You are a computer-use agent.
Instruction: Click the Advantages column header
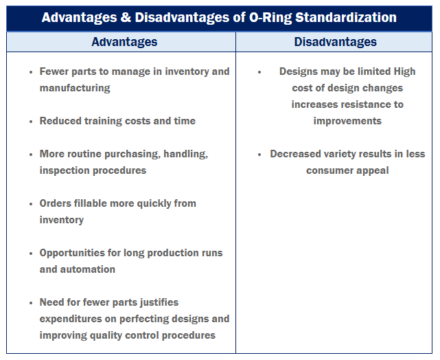point(124,42)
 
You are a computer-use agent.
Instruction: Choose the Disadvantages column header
point(335,42)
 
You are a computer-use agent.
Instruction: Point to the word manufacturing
point(75,88)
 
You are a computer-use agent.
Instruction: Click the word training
point(104,121)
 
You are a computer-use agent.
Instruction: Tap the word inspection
point(67,170)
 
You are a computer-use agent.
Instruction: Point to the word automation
point(87,269)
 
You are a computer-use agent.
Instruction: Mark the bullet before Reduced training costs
point(31,122)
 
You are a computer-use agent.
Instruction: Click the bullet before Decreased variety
point(259,155)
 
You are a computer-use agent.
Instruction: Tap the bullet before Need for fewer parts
point(31,303)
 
